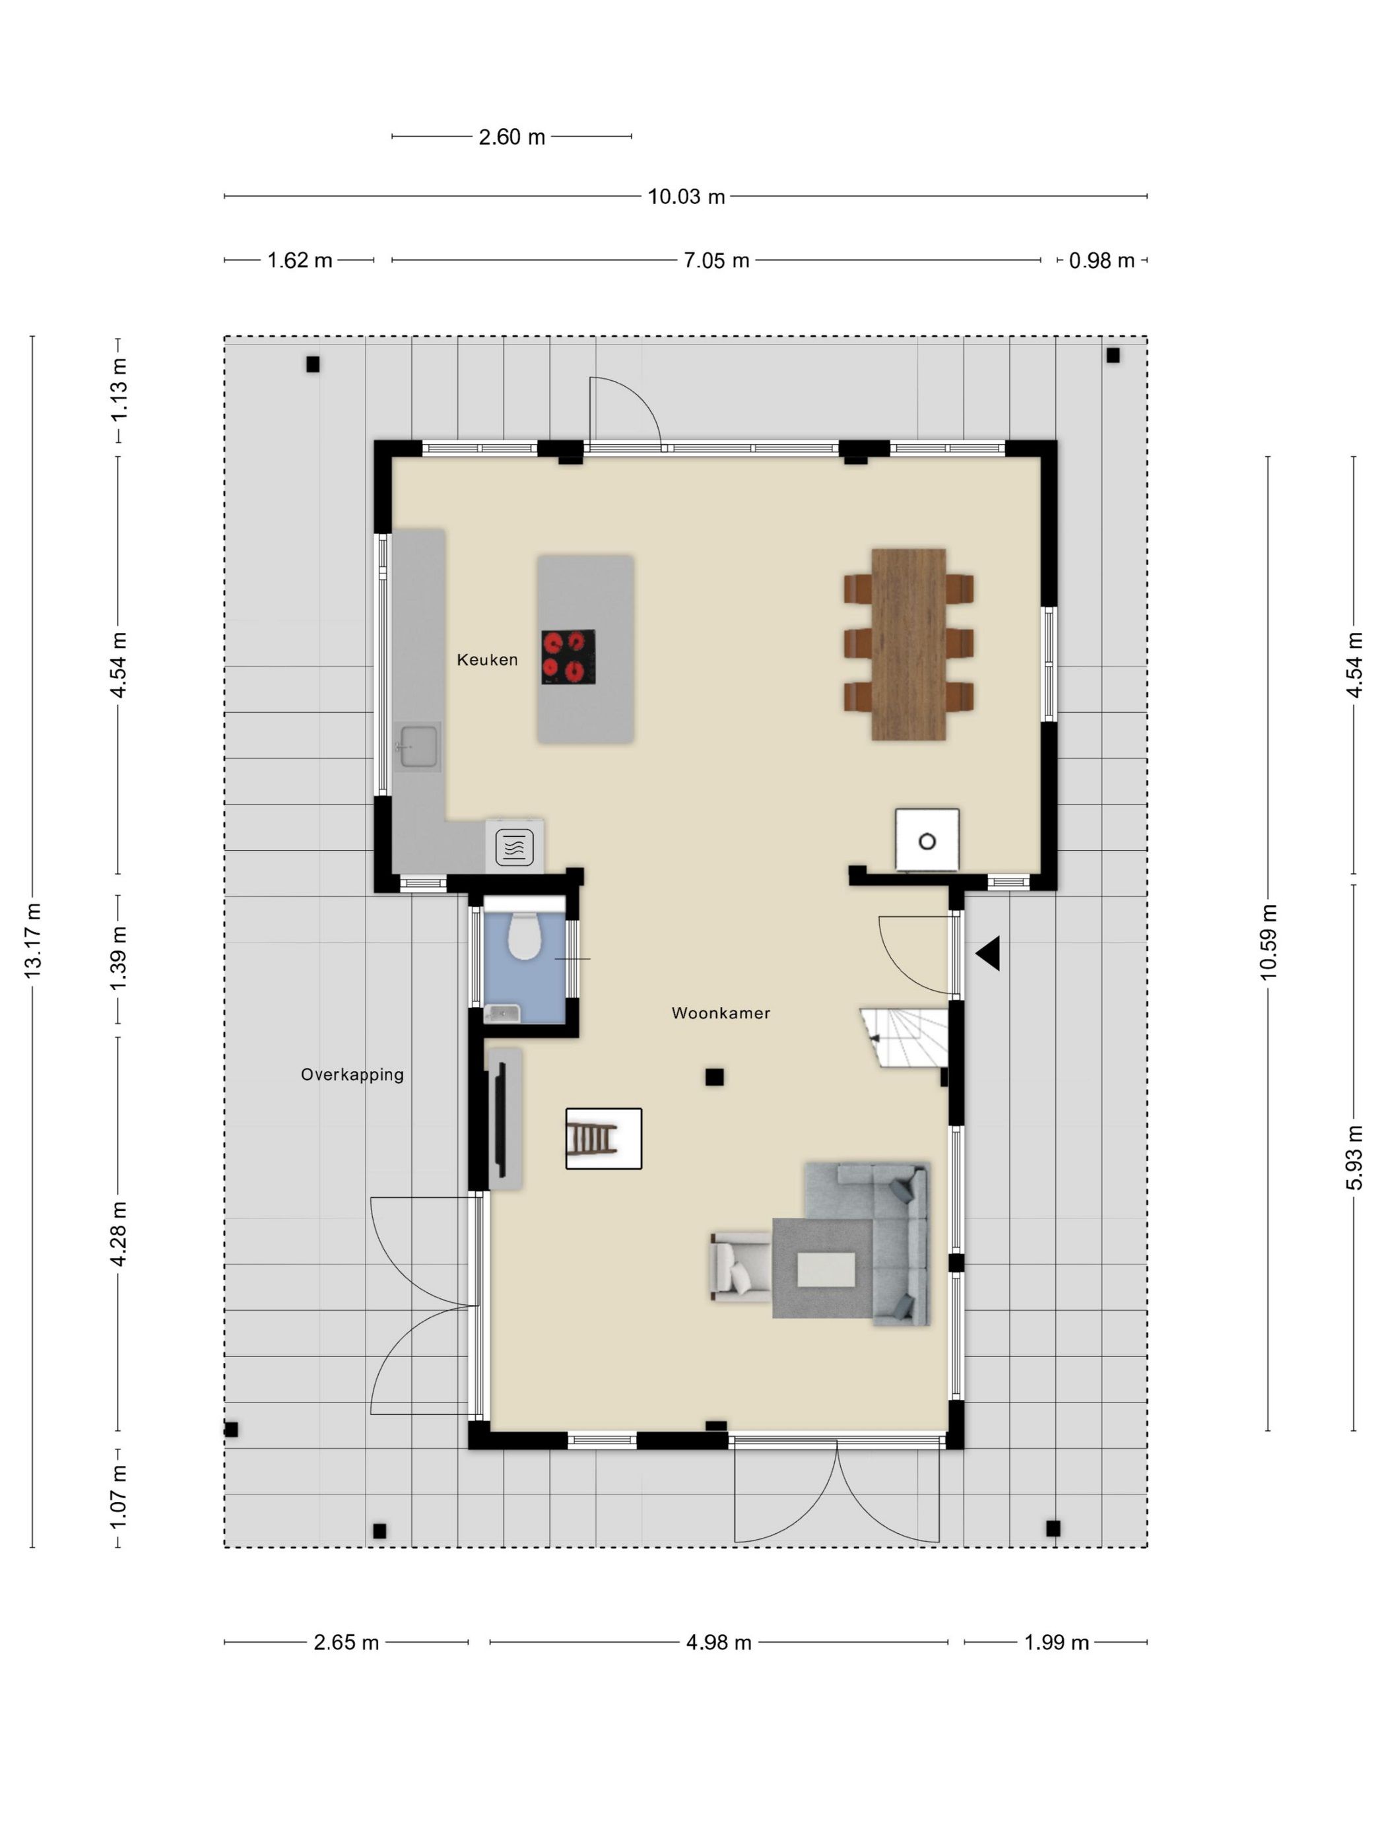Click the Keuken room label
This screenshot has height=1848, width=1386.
487,660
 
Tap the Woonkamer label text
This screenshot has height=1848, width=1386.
721,1013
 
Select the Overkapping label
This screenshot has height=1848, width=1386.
352,1075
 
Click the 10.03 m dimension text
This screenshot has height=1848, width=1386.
686,197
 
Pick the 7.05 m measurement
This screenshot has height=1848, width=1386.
717,261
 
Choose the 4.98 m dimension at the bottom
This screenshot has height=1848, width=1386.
719,1643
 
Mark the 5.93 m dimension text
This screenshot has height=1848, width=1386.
1354,1157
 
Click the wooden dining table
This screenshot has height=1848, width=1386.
909,644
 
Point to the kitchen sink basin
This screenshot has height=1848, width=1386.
418,746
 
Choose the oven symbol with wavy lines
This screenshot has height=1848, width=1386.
515,847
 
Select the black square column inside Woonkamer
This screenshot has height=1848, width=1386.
714,1078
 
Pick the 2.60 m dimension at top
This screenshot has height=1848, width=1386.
511,137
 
